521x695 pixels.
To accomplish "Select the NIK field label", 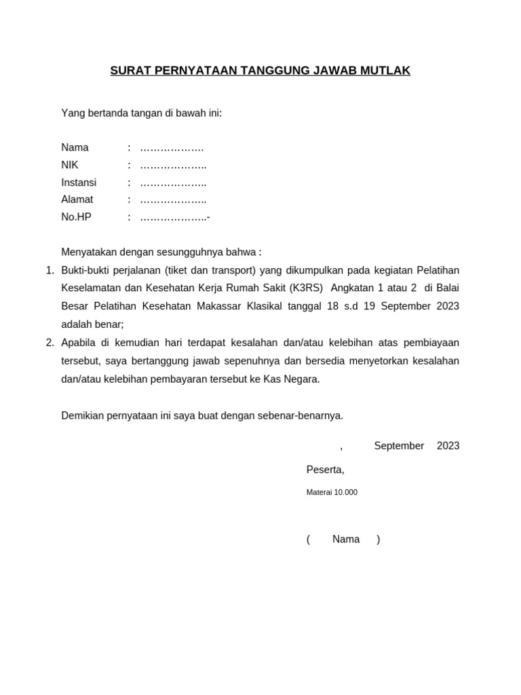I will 70,165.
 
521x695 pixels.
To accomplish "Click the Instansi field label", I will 79,183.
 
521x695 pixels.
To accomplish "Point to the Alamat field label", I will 77,200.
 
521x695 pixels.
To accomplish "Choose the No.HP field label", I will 76,217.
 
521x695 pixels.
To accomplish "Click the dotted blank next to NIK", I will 173,166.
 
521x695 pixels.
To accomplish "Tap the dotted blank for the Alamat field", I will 173,200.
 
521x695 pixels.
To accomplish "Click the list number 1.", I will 50,270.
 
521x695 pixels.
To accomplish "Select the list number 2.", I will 50,343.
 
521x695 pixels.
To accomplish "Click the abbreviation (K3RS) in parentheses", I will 307,288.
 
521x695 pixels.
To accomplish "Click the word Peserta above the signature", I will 325,470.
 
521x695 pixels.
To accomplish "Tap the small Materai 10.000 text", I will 332,492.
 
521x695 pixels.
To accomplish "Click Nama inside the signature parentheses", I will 346,539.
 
